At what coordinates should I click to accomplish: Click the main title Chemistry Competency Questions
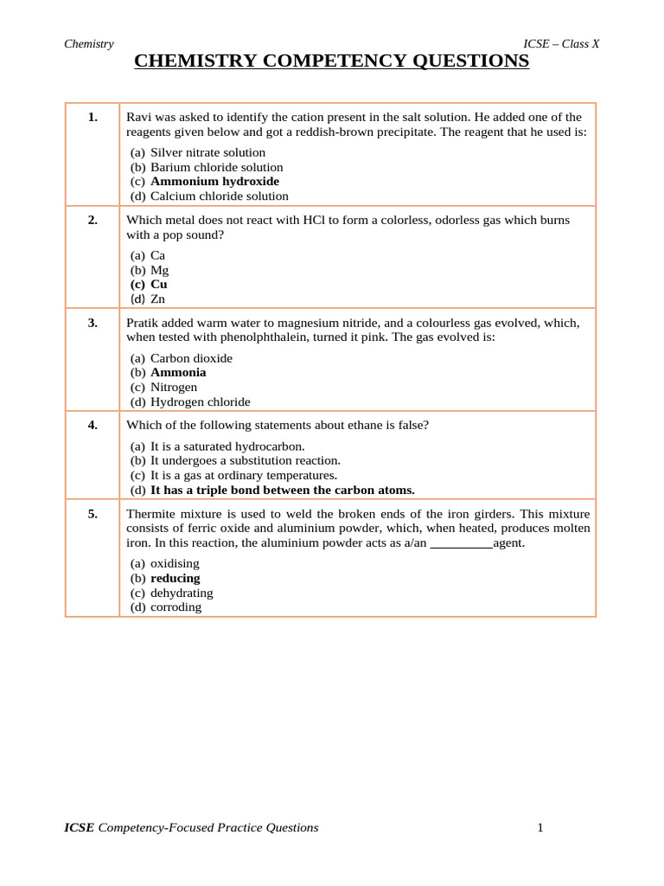[x=332, y=61]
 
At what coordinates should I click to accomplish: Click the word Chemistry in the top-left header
[x=89, y=44]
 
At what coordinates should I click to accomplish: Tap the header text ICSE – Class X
[x=561, y=44]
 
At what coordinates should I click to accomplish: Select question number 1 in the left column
[x=93, y=117]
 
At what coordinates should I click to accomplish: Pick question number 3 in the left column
[x=93, y=323]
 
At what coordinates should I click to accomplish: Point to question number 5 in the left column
[x=93, y=514]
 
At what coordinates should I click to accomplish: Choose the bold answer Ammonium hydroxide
[x=214, y=182]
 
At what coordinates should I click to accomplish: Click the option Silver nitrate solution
[x=207, y=152]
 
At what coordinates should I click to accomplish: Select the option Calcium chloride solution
[x=220, y=196]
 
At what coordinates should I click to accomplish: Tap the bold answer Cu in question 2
[x=159, y=284]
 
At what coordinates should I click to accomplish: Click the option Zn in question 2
[x=157, y=299]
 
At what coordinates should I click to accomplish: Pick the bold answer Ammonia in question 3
[x=178, y=372]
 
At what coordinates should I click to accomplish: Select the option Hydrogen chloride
[x=200, y=401]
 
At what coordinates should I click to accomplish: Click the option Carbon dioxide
[x=191, y=358]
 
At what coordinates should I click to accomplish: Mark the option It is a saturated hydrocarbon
[x=227, y=446]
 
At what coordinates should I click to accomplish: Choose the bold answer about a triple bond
[x=282, y=490]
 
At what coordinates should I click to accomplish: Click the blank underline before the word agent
[x=461, y=543]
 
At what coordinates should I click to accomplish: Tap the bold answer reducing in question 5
[x=175, y=578]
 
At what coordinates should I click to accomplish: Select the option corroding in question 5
[x=176, y=607]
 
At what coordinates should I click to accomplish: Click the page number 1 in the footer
[x=540, y=828]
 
